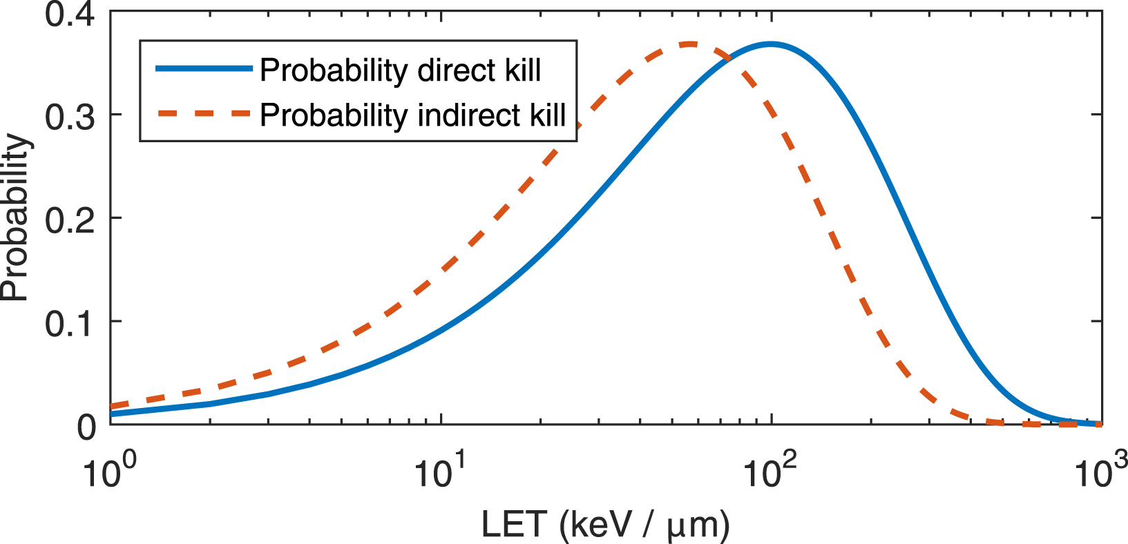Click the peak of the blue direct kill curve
[771, 44]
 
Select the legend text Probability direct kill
[400, 70]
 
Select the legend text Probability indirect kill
[412, 115]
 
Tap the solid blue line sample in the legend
[204, 68]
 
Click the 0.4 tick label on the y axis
[70, 14]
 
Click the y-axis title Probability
[15, 218]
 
